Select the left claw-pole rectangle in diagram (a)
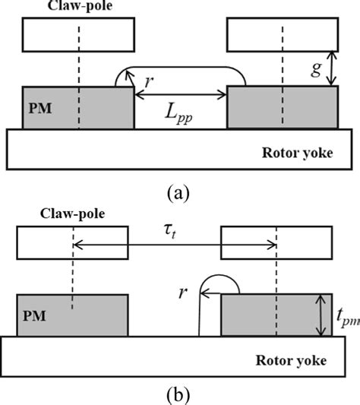point(78,34)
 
